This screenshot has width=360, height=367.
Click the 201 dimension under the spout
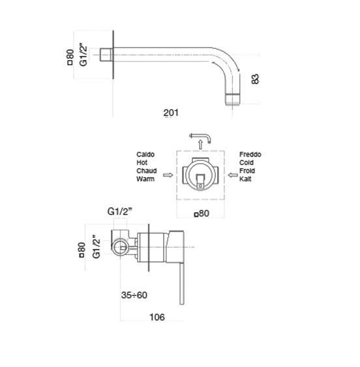pyautogui.click(x=171, y=113)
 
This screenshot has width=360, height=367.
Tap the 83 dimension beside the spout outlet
pyautogui.click(x=255, y=79)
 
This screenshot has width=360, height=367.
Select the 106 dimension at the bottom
pyautogui.click(x=157, y=317)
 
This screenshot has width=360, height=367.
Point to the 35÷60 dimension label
pyautogui.click(x=134, y=295)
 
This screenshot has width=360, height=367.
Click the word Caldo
pyautogui.click(x=145, y=154)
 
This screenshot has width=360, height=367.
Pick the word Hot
pyautogui.click(x=142, y=163)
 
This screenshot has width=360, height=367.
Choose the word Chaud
pyautogui.click(x=147, y=171)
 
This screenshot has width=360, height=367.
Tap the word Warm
pyautogui.click(x=145, y=179)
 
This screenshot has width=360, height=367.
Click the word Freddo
pyautogui.click(x=250, y=154)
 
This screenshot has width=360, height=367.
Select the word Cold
pyautogui.click(x=247, y=163)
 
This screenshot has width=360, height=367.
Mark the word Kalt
pyautogui.click(x=245, y=179)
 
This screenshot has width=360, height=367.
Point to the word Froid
pyautogui.click(x=247, y=171)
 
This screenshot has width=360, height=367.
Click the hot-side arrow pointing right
pyautogui.click(x=168, y=175)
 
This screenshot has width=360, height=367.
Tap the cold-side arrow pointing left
pyautogui.click(x=233, y=175)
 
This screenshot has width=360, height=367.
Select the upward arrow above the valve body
pyautogui.click(x=200, y=145)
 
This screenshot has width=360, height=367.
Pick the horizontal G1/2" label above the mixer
pyautogui.click(x=120, y=212)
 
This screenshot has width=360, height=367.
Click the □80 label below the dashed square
pyautogui.click(x=202, y=213)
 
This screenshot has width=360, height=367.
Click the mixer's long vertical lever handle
pyautogui.click(x=182, y=283)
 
